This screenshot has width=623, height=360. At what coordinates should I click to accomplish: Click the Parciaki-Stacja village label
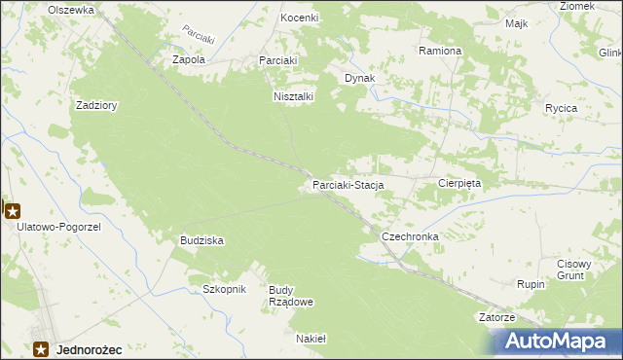click(x=348, y=184)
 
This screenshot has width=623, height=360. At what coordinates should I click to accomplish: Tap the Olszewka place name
click(x=71, y=9)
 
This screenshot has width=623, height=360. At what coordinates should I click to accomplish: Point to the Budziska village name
click(x=202, y=239)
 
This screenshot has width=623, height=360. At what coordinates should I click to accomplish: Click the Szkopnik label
click(x=225, y=289)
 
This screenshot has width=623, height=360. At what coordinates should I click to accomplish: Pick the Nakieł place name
click(x=311, y=339)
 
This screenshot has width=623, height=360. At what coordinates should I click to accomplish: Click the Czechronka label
click(x=410, y=236)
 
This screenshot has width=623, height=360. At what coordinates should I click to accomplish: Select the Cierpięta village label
click(x=460, y=182)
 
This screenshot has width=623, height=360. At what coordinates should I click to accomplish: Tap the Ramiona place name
click(x=439, y=50)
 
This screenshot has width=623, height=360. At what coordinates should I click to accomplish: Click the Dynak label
click(x=359, y=78)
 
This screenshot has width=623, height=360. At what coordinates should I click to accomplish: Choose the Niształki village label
click(x=292, y=96)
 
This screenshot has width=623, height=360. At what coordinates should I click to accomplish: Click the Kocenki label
click(x=300, y=18)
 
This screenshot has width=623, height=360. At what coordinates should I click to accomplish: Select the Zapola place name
click(x=188, y=59)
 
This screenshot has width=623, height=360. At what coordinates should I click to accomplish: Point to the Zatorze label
click(x=496, y=317)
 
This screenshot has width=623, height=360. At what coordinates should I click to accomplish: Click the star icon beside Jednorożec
click(x=42, y=348)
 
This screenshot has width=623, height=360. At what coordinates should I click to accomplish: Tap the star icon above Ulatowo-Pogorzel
click(x=13, y=209)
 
